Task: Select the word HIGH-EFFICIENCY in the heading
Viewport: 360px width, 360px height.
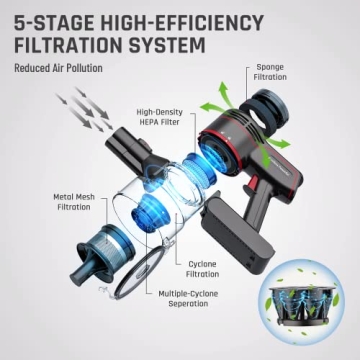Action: [x=196, y=21]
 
